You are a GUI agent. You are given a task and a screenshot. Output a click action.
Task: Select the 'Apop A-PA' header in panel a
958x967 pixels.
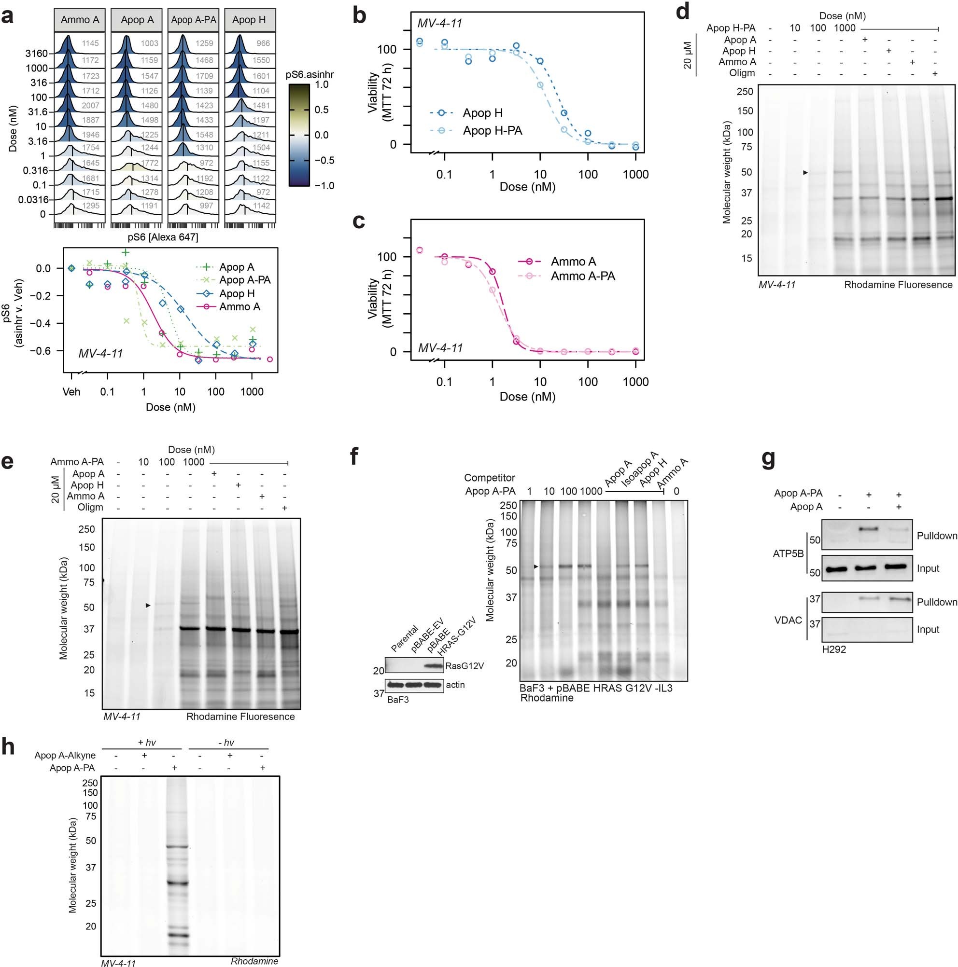coord(193,20)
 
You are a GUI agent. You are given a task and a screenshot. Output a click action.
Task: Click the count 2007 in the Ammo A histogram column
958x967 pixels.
coord(90,106)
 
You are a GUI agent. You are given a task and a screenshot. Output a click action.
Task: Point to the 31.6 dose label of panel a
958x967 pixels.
coord(38,112)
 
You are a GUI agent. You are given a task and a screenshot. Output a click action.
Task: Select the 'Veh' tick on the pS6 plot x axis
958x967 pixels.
coord(71,392)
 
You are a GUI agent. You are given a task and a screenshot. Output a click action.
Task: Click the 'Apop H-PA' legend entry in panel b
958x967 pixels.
coord(492,131)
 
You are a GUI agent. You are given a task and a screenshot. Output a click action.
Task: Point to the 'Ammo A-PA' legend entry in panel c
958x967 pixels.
coord(582,276)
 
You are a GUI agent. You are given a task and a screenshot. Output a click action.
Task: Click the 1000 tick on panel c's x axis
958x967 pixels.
coord(635,382)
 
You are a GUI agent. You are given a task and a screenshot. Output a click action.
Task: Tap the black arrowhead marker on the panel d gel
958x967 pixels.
coord(805,173)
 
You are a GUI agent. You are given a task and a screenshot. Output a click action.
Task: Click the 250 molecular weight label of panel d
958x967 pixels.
coord(745,92)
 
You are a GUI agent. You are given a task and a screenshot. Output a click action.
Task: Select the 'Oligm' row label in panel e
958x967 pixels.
coord(90,508)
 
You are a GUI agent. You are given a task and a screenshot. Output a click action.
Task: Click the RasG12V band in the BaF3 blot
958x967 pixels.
coord(434,666)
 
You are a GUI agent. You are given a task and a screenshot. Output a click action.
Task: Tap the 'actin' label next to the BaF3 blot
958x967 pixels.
coord(455,685)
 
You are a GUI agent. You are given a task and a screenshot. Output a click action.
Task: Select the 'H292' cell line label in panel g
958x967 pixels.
coord(834,649)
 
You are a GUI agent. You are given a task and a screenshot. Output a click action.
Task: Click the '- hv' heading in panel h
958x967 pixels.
coord(226,743)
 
